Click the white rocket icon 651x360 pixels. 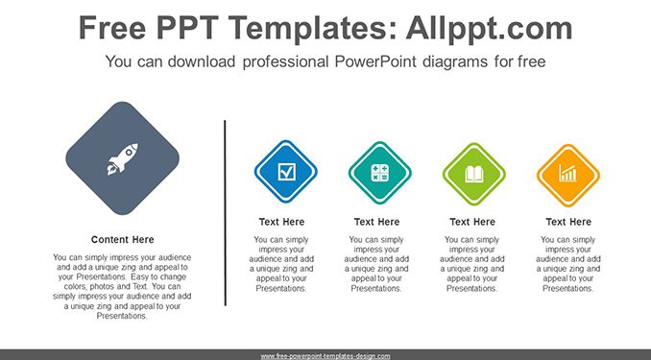point(123,159)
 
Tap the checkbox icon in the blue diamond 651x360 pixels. point(286,171)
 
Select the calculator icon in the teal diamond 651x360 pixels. point(380,173)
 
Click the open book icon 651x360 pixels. point(473,175)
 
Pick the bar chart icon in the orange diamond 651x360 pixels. point(567,173)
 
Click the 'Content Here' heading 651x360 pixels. point(123,240)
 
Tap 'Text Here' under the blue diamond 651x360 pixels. point(282,222)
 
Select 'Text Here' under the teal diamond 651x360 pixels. point(377,222)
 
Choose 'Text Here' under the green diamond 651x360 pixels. point(472,222)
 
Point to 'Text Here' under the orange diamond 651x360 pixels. point(568,222)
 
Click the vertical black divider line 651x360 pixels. point(225,213)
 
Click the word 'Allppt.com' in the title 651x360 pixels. point(489,28)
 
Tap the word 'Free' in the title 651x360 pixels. point(112,28)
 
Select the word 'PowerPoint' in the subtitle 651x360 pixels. point(375,61)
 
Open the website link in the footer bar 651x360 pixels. point(325,356)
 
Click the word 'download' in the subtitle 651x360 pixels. point(202,61)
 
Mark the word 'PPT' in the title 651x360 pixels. point(187,28)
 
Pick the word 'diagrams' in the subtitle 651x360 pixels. point(455,61)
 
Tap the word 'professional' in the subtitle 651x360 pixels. point(285,61)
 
